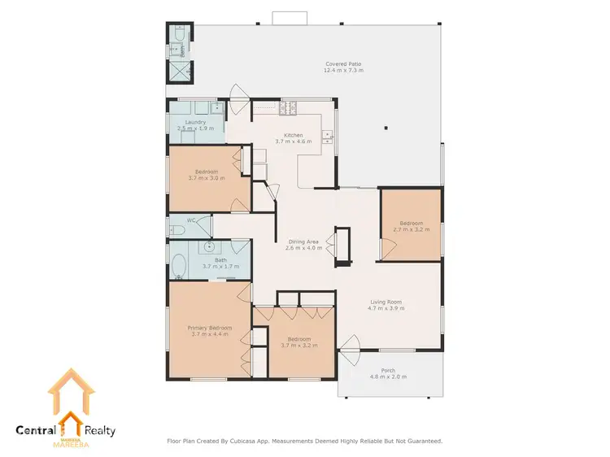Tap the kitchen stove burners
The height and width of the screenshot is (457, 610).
pos(288,107)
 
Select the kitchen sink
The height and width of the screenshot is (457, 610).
pos(328,135)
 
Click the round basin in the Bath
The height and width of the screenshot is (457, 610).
pos(210,246)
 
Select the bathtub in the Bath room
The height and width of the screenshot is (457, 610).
pos(178,265)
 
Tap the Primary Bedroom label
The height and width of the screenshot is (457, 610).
pos(210,328)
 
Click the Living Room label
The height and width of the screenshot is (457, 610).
pos(386,302)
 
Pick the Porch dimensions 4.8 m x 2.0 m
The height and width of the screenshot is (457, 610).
pos(388,376)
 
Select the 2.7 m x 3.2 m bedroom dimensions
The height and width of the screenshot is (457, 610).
pos(411,229)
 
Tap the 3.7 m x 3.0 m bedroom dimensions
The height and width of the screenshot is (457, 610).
pos(207,177)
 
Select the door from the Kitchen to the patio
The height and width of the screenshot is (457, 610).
pos(240,98)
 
